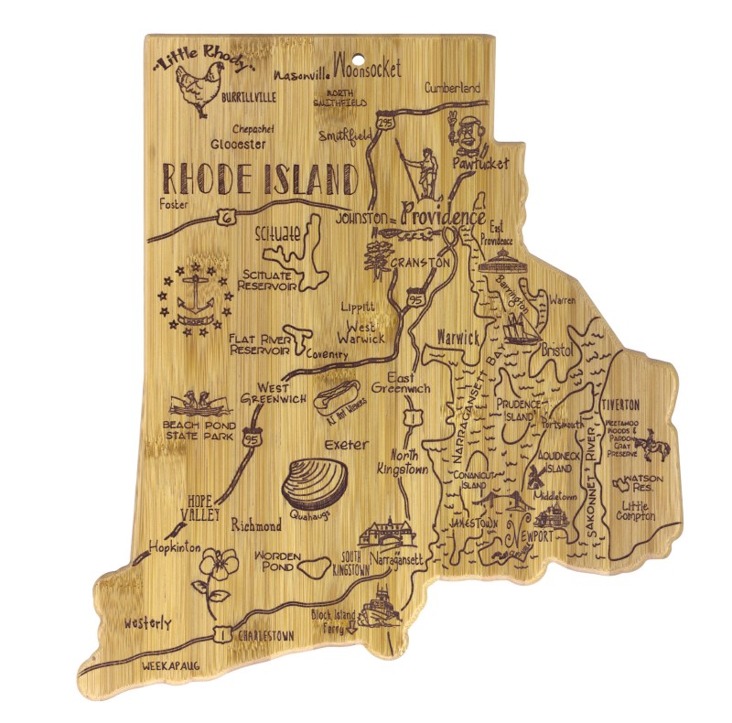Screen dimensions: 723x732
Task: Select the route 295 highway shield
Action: click(x=386, y=122)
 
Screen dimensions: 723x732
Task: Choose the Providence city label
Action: click(x=443, y=216)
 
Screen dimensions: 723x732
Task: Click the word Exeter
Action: click(x=346, y=445)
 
